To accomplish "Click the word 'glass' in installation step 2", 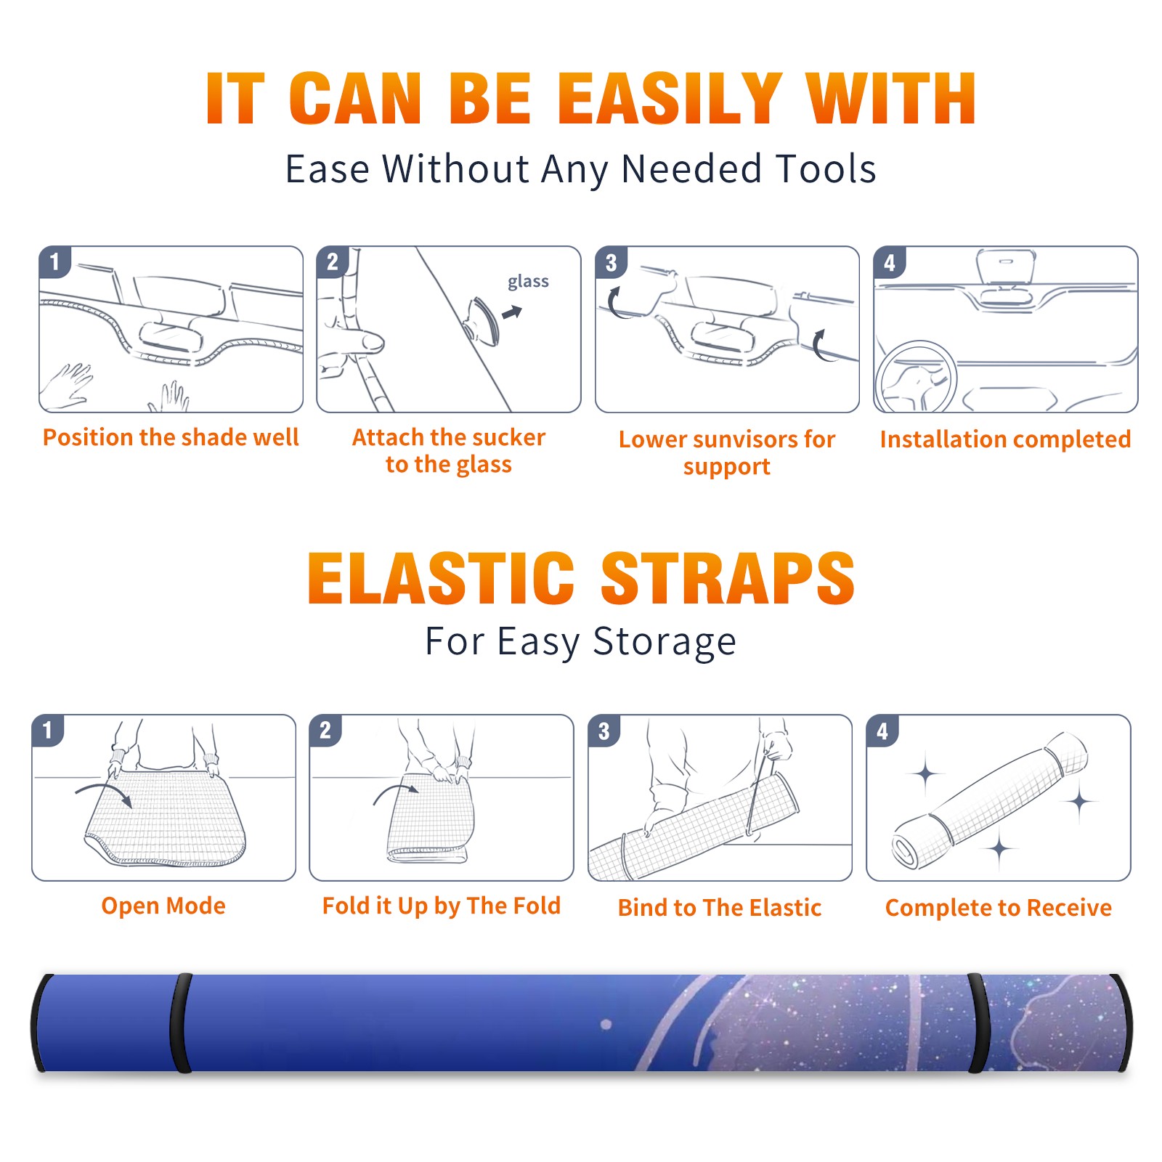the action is tap(528, 282).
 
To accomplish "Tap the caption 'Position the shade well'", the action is tap(171, 437).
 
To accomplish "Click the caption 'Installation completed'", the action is tap(1005, 439).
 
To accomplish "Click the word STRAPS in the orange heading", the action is tap(728, 578).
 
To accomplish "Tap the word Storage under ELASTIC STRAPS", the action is tap(665, 642).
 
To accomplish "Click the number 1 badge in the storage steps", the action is tap(48, 731).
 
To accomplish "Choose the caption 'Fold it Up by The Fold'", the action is tap(442, 906).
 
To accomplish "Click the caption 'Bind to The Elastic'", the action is tap(720, 908).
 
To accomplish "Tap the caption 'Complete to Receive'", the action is tap(999, 908).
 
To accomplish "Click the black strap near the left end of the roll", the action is tap(181, 1023).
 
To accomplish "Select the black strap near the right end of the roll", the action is tap(979, 1023).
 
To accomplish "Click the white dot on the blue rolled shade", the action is tap(606, 1025).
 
